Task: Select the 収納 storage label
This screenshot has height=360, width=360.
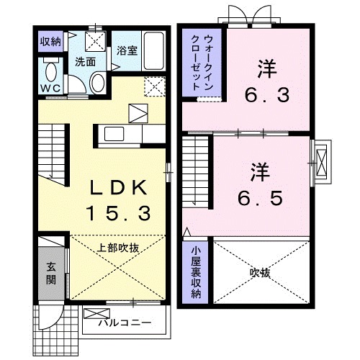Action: (50, 40)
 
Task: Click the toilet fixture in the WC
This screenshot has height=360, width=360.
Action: (50, 72)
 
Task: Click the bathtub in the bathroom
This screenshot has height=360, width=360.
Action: (152, 49)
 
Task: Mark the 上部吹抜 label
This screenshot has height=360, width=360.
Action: (118, 247)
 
